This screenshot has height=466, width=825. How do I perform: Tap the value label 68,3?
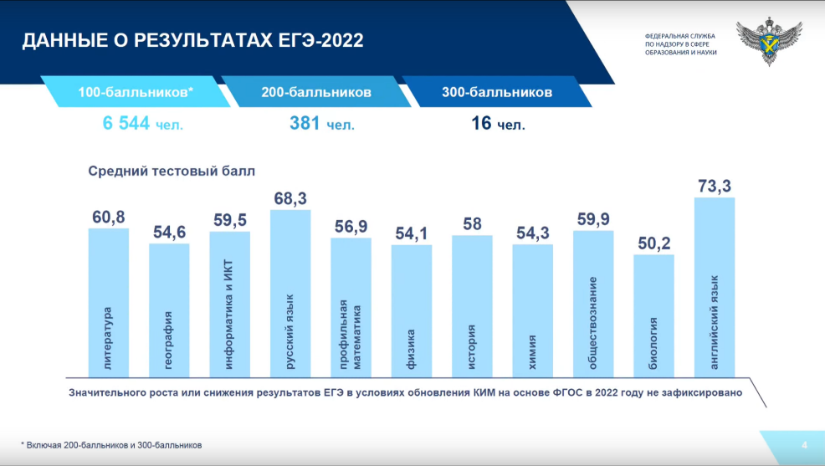tap(290, 199)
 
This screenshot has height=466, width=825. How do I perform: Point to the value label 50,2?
tap(654, 244)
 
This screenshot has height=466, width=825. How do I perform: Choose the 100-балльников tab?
tap(136, 92)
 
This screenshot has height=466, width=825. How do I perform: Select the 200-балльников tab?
tap(315, 92)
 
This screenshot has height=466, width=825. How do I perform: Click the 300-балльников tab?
tap(497, 92)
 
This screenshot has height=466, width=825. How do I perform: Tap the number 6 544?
tap(126, 124)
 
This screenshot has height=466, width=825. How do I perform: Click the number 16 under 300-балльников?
tap(480, 124)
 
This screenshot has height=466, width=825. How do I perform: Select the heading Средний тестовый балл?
tap(172, 171)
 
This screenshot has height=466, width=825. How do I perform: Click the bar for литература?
tap(109, 302)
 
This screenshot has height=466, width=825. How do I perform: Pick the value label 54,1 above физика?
tap(412, 234)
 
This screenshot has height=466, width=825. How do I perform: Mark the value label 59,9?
tap(593, 220)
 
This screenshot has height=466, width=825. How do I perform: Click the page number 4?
tap(804, 444)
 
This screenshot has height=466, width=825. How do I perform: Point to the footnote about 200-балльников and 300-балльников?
tap(111, 445)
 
